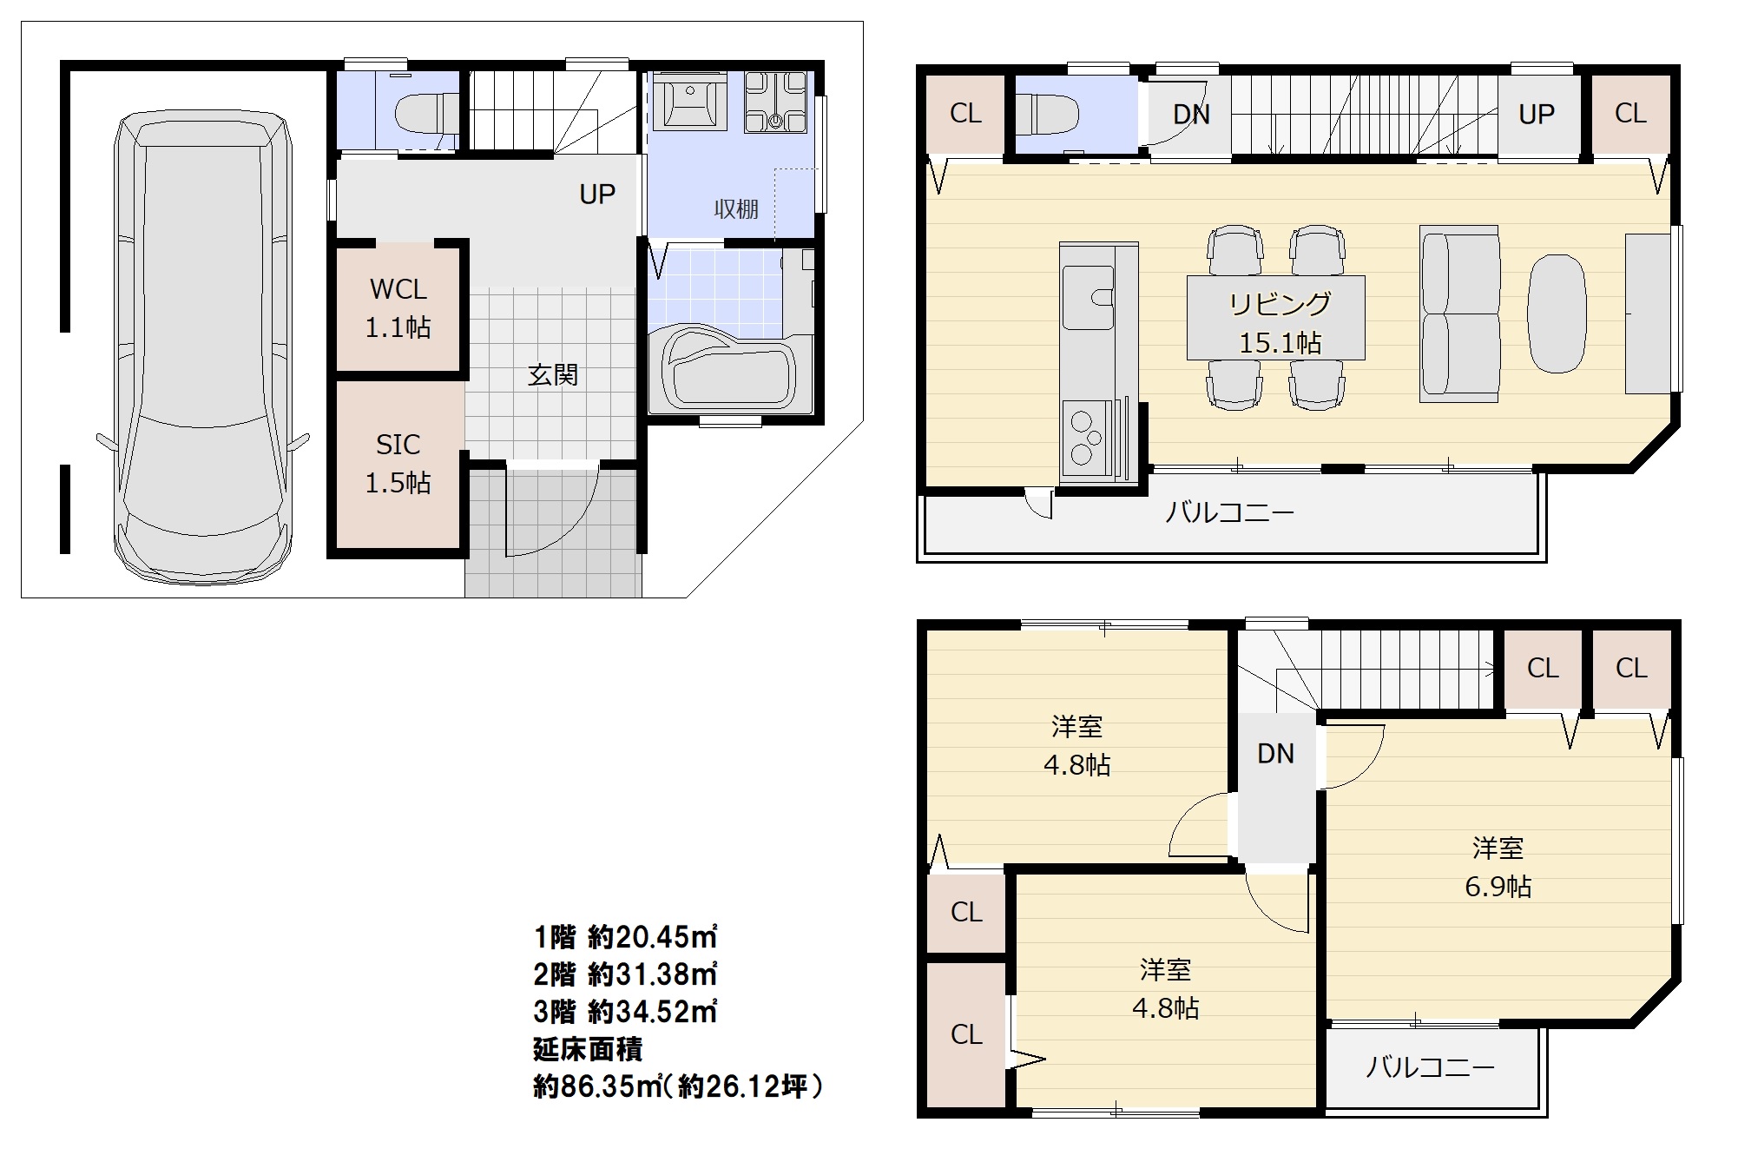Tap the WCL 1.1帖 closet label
point(398,308)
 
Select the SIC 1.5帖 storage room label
point(398,464)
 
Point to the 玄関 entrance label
point(553,375)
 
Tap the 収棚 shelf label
point(736,209)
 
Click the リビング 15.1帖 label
point(1280,323)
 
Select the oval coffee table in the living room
point(1557,313)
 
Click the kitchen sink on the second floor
point(1089,298)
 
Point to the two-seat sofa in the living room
point(1460,314)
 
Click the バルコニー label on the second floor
point(1229,512)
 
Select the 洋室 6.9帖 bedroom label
point(1498,867)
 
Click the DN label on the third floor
point(1276,754)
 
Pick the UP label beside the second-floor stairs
point(1537,115)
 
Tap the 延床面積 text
point(588,1049)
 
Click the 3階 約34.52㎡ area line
point(625,1012)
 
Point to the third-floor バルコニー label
point(1430,1066)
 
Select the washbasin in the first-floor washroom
point(690,101)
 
